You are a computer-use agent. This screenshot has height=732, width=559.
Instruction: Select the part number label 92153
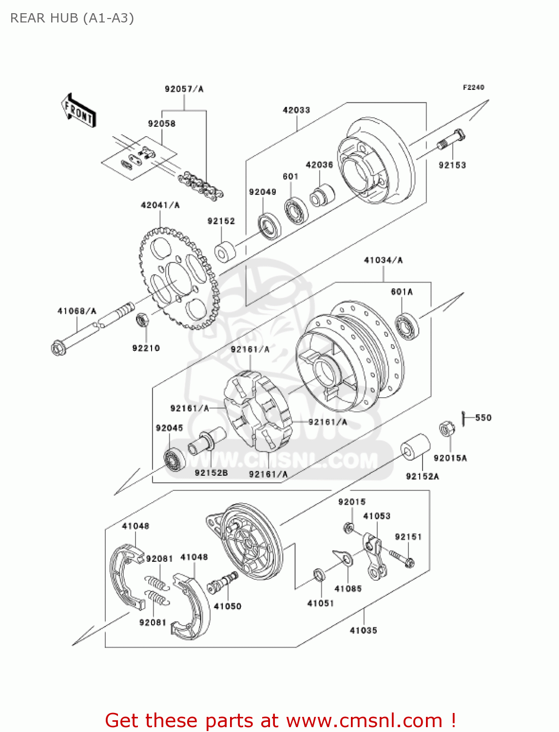452,165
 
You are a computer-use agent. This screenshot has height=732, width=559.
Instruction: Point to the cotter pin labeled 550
463,417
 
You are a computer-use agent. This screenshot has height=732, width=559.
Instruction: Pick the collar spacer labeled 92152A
415,447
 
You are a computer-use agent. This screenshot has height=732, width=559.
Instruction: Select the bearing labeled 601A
407,326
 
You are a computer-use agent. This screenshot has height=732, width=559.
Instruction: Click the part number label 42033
296,110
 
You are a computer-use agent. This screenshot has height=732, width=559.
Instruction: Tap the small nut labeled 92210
142,320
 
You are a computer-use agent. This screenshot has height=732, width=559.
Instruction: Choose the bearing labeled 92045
174,460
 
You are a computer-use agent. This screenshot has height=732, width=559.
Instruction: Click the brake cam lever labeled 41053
374,556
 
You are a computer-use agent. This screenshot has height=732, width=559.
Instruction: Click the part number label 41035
363,630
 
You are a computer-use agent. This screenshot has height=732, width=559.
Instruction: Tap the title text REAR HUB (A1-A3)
72,18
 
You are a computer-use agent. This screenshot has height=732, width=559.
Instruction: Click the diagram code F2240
473,87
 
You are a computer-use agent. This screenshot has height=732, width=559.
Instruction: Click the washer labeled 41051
319,575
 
